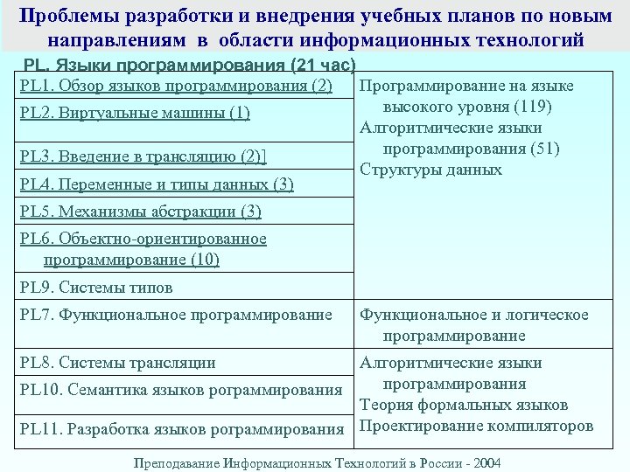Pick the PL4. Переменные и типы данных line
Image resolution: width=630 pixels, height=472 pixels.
point(157,184)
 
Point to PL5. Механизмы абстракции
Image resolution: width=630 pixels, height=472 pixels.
point(140,212)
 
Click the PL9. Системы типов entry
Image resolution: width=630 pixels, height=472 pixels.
point(96,287)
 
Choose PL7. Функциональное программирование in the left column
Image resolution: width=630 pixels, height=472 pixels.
point(176,315)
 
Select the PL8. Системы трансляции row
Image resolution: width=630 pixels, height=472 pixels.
point(117,363)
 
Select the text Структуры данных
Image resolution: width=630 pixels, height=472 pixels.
point(431,170)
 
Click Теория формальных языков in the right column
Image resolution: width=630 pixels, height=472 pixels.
point(464,406)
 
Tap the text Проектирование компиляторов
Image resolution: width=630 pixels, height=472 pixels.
point(477,427)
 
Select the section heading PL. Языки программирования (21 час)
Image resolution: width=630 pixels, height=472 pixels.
point(189,66)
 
